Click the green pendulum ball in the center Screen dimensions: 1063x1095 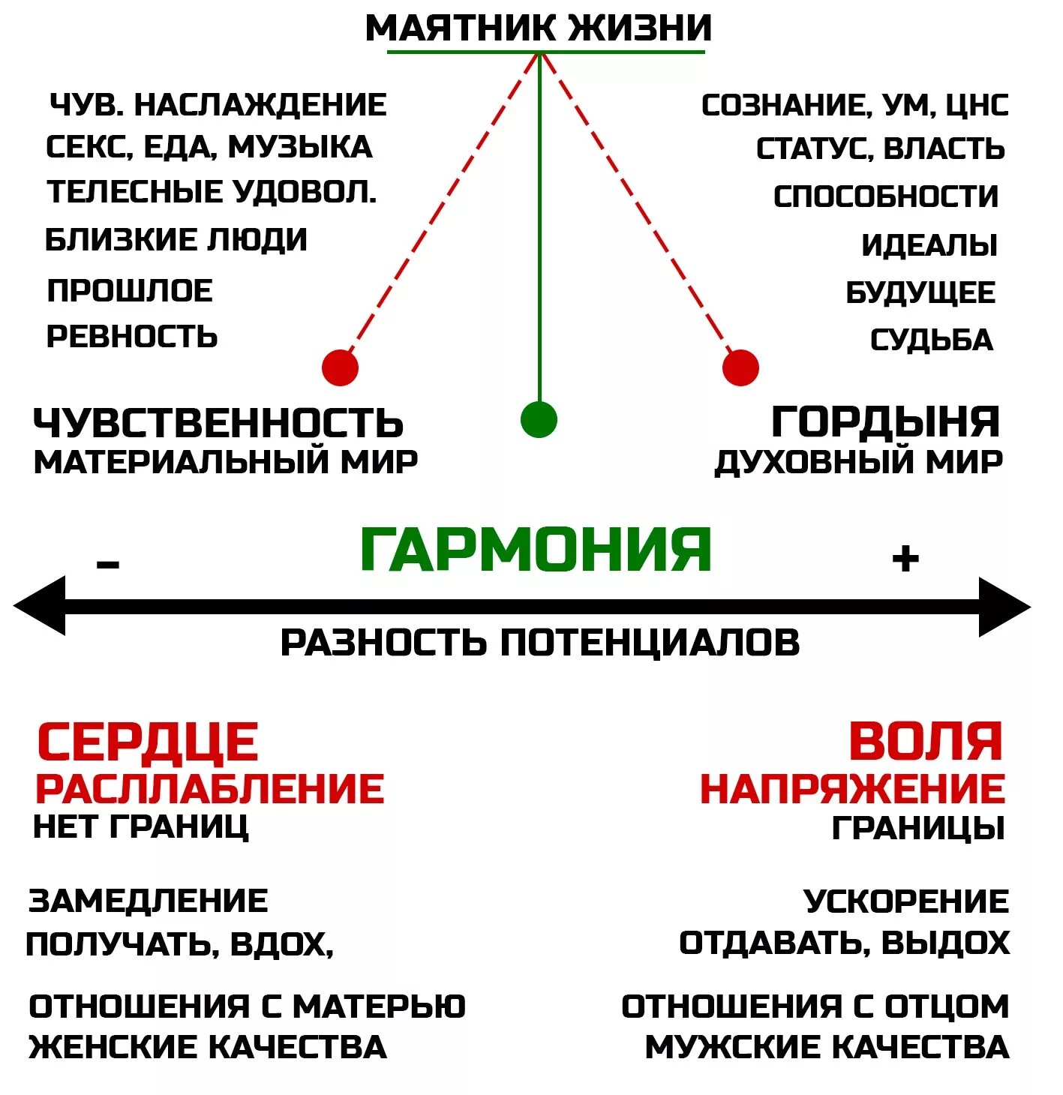click(539, 419)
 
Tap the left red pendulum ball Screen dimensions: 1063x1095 click(340, 367)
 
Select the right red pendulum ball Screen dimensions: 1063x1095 click(740, 367)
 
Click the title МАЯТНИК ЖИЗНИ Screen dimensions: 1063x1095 click(538, 28)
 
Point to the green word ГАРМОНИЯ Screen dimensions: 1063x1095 click(536, 550)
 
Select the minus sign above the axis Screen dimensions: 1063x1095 click(108, 563)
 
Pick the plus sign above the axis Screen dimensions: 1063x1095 click(905, 558)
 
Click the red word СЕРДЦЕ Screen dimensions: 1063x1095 click(148, 742)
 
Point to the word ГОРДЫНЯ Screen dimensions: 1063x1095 click(885, 421)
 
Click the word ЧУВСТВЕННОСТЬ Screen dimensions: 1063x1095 click(218, 423)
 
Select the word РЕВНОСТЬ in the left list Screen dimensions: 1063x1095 click(132, 337)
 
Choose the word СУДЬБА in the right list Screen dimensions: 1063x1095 click(931, 340)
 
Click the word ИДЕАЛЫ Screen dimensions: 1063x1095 click(929, 245)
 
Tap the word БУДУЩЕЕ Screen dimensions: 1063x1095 click(920, 292)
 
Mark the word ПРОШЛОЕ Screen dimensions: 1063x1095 click(130, 291)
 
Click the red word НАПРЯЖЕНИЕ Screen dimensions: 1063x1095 click(852, 789)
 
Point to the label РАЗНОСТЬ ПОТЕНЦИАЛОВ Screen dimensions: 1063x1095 click(540, 643)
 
